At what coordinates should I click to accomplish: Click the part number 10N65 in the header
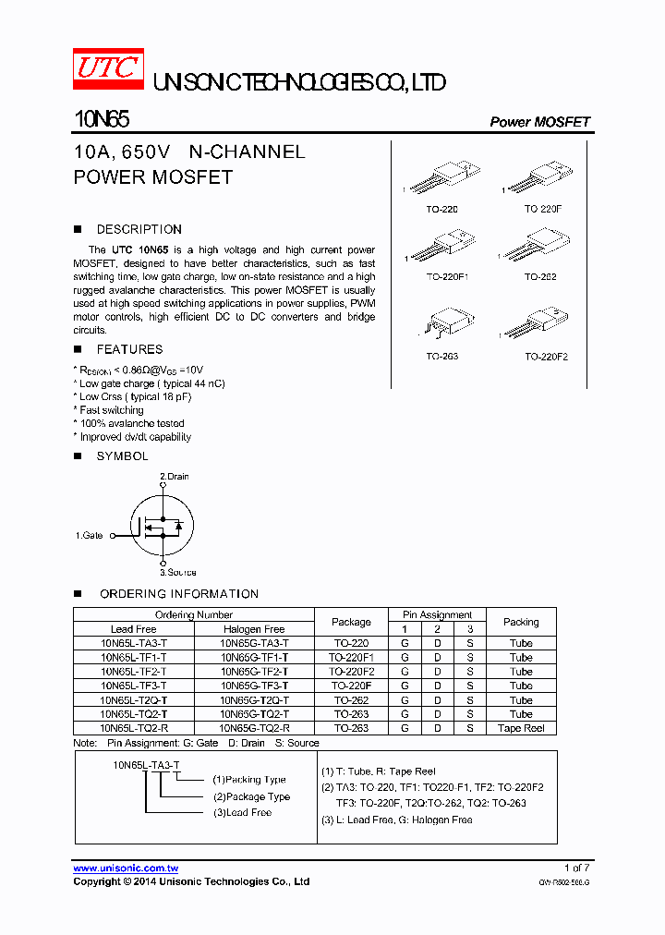click(101, 120)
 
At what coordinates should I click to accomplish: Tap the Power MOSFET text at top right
click(539, 122)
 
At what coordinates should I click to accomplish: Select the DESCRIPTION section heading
click(139, 229)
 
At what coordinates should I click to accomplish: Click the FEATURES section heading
click(129, 349)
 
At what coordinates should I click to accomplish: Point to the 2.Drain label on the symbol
click(175, 477)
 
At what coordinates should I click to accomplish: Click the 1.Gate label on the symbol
click(90, 535)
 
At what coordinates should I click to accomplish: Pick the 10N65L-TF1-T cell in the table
click(134, 657)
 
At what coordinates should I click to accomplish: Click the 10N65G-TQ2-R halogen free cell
click(255, 728)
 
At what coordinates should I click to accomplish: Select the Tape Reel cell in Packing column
click(521, 728)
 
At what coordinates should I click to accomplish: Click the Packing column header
click(521, 622)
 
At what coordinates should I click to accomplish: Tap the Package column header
click(351, 622)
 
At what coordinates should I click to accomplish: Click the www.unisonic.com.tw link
click(126, 868)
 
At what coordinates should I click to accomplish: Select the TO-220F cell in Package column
click(351, 686)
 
